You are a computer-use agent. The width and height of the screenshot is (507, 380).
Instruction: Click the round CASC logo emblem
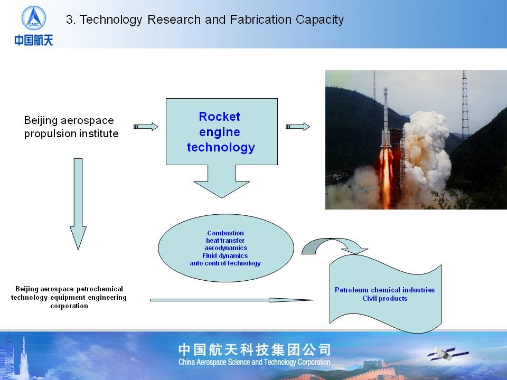[x=34, y=18]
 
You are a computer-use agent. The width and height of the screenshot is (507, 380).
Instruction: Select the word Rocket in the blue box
[x=220, y=116]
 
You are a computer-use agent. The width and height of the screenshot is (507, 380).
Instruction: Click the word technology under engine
[x=221, y=147]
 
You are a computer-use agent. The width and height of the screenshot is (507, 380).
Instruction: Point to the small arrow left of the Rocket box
[x=146, y=127]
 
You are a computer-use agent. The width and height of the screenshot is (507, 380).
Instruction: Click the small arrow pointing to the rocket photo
[x=297, y=127]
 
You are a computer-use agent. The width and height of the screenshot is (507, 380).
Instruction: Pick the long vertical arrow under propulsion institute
[x=78, y=204]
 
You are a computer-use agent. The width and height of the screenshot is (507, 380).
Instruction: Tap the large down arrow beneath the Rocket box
[x=222, y=181]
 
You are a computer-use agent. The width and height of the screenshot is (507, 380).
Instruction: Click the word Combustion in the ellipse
[x=226, y=233]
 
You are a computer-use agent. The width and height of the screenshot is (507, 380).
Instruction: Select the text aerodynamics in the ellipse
[x=226, y=248]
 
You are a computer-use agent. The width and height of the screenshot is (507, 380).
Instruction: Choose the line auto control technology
[x=226, y=263]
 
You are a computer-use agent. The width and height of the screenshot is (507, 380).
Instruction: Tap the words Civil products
[x=385, y=298]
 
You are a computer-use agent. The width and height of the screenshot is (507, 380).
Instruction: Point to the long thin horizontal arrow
[x=231, y=300]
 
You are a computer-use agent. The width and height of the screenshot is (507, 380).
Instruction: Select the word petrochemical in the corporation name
[x=100, y=289]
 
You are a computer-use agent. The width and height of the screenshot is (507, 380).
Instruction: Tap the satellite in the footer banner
[x=448, y=354]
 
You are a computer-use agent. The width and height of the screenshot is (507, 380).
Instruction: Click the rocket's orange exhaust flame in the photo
[x=386, y=176]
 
